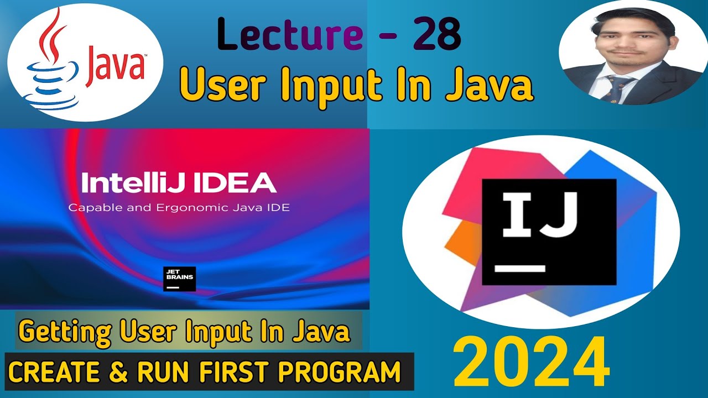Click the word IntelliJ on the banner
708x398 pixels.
click(x=124, y=183)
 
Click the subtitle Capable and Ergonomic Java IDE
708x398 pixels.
click(x=179, y=208)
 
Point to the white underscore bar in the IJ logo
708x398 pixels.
click(x=519, y=269)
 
